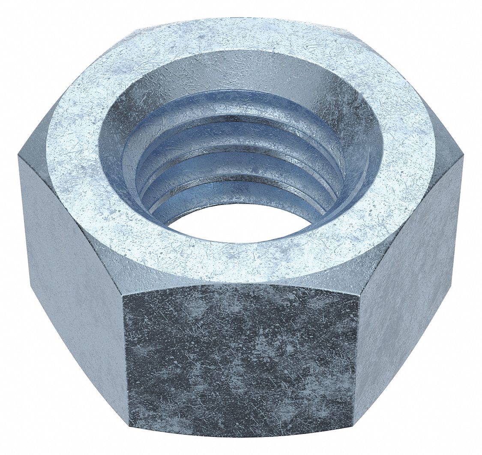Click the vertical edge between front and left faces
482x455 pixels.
click(126, 365)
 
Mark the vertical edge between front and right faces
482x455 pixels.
click(356, 360)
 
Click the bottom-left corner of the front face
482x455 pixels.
click(129, 437)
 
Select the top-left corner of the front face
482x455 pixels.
click(123, 295)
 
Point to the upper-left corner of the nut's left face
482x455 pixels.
click(19, 156)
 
